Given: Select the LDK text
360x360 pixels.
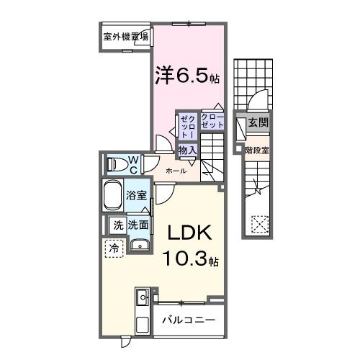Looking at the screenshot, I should [189, 234].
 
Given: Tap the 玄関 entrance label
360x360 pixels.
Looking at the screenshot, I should [258, 123].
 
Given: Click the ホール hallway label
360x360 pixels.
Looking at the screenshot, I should [176, 171].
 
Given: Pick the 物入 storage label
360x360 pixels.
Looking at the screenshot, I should [187, 150].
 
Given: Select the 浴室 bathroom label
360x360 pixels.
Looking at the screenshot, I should [136, 194].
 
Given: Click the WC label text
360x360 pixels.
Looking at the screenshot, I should [134, 164].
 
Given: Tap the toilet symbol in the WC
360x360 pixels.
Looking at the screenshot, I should [115, 164].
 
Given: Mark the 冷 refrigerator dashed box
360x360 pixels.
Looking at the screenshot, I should [113, 248].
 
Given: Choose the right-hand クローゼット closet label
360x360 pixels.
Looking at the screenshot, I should [212, 122].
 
